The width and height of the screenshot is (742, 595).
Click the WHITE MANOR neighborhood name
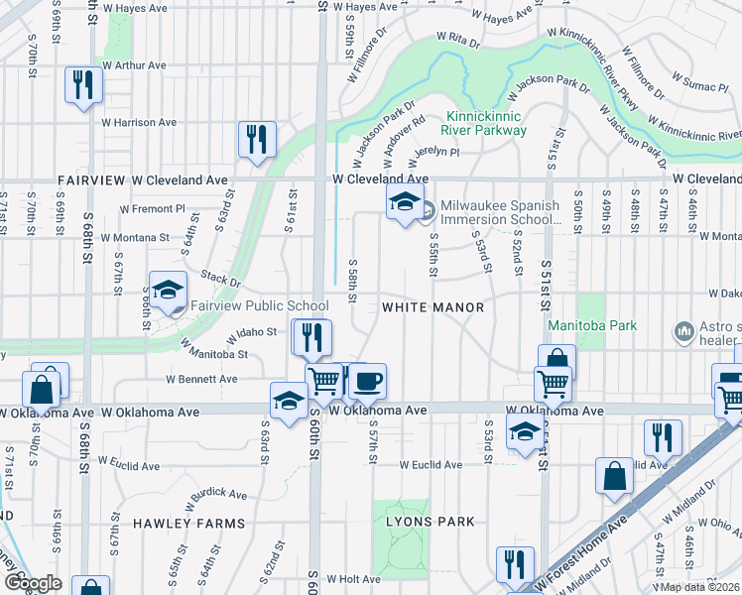(433, 308)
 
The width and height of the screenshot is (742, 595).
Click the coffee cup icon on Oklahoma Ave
(367, 380)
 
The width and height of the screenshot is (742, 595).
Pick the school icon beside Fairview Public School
(169, 290)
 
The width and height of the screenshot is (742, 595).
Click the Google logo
(32, 583)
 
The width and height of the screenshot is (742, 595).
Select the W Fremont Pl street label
(153, 209)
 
